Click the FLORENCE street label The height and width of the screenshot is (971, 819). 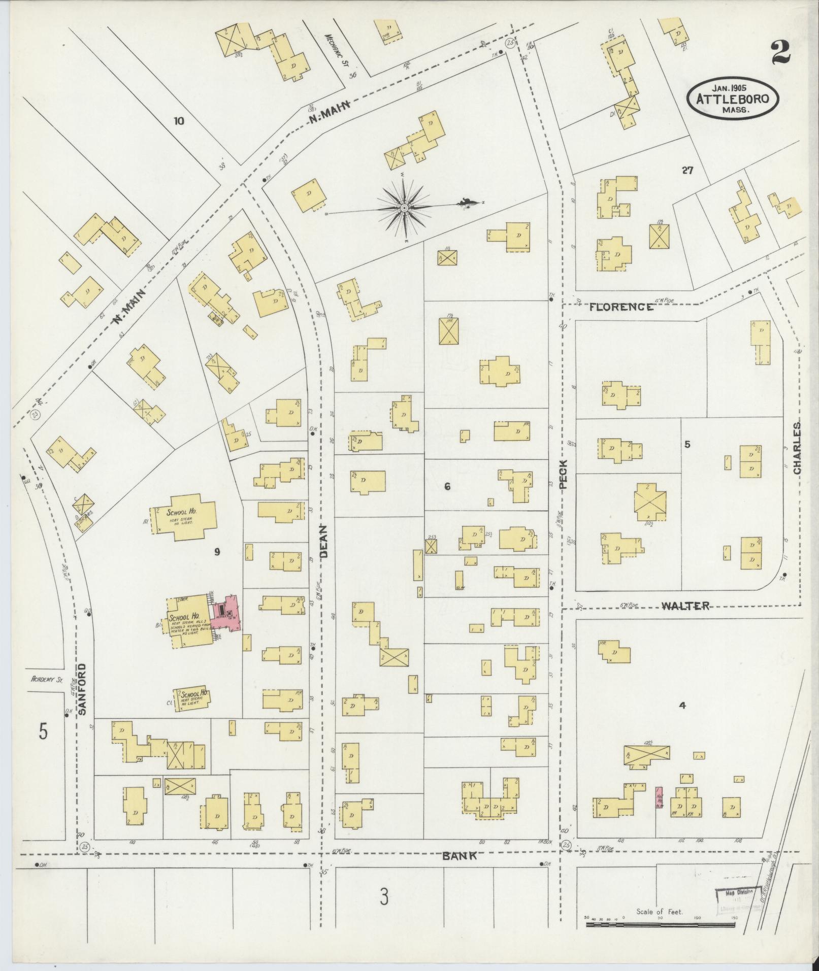pyautogui.click(x=621, y=307)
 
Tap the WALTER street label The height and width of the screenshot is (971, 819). pyautogui.click(x=684, y=606)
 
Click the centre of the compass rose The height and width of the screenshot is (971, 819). pyautogui.click(x=404, y=208)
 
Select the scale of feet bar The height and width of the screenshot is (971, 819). pyautogui.click(x=660, y=925)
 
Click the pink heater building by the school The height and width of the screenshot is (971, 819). pyautogui.click(x=227, y=612)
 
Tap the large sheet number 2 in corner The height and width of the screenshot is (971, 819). pyautogui.click(x=780, y=53)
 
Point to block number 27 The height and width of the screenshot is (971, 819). pyautogui.click(x=687, y=171)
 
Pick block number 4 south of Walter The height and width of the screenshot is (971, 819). pyautogui.click(x=683, y=706)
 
